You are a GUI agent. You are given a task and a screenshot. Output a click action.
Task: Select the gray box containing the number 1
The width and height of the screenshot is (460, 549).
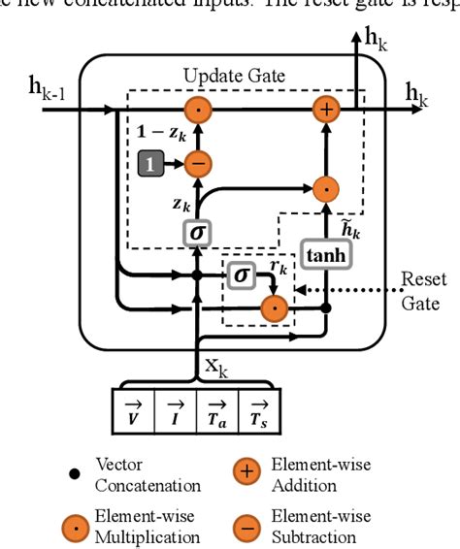(x=150, y=165)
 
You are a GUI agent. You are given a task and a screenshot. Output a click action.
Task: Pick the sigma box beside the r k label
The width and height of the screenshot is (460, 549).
(x=241, y=275)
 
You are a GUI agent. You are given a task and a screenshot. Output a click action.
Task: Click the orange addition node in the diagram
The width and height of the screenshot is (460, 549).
(x=327, y=110)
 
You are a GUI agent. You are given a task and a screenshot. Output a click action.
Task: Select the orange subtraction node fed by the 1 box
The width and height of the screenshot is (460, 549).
(x=197, y=165)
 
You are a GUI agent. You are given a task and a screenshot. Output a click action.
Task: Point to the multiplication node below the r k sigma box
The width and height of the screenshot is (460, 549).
(x=276, y=309)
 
